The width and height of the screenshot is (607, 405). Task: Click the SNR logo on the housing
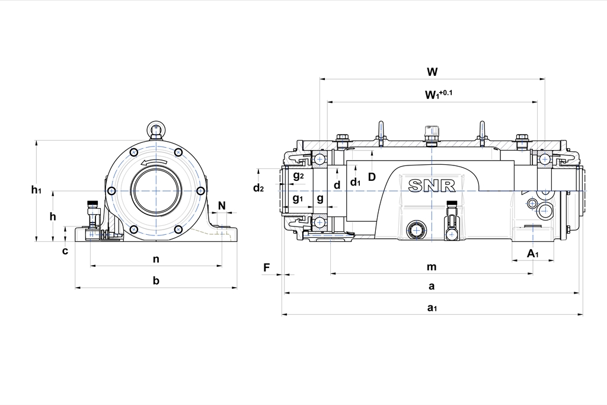coord(432,185)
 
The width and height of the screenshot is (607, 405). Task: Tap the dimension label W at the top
coord(432,72)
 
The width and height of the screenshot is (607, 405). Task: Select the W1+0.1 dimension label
coord(438,94)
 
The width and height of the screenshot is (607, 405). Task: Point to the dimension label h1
coord(37,190)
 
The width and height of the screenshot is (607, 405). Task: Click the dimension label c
coord(65,250)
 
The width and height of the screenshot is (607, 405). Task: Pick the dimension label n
coord(156,259)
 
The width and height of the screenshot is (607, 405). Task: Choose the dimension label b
coord(156,280)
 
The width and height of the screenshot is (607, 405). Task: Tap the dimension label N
coord(222,205)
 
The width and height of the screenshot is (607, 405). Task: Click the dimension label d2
coord(258,188)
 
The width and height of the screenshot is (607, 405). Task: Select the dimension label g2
coord(298,176)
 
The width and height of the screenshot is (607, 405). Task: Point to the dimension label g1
coord(298,197)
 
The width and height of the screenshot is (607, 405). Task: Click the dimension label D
coord(372,176)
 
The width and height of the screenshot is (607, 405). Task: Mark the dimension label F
coord(267,267)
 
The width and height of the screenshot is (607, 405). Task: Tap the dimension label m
coord(432,267)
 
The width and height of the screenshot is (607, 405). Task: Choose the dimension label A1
coord(533,254)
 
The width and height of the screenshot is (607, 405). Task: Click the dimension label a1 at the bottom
coord(432,308)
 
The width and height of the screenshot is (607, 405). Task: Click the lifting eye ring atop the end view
coord(156,129)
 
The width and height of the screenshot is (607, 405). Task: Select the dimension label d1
coord(355,183)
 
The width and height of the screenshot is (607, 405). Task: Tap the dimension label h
coord(53,216)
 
